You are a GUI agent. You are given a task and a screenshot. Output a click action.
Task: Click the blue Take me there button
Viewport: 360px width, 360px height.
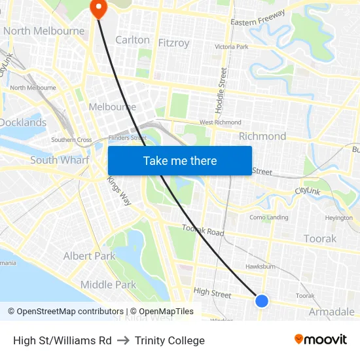point(180,160)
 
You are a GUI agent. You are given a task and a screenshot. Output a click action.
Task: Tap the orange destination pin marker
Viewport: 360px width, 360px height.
point(98,9)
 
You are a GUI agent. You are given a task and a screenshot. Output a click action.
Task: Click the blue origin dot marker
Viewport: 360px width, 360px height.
point(261,300)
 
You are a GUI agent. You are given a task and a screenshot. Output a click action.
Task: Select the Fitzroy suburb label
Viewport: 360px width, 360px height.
point(173,43)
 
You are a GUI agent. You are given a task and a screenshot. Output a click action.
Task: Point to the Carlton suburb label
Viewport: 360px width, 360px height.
point(132,40)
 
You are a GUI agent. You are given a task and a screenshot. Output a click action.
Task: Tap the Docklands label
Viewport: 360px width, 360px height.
point(23,122)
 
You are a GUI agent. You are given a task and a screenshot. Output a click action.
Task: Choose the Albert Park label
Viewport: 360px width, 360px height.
point(89,256)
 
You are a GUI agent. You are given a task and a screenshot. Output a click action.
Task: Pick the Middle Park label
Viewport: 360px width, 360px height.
point(108,284)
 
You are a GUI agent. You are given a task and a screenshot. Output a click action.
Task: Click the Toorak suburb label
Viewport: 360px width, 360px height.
point(320,239)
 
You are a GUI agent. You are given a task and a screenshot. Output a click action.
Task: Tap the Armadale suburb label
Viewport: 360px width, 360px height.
point(331,312)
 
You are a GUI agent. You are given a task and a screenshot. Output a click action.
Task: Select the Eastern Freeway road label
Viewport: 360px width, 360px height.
point(257,19)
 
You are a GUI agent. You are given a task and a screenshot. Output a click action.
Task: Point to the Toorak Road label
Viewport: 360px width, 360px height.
point(203,230)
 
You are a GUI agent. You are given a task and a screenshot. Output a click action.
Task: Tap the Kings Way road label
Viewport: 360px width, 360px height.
point(119,191)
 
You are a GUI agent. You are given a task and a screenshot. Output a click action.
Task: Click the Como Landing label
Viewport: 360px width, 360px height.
point(268,217)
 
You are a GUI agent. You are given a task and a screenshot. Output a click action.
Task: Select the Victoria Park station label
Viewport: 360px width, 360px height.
point(232,47)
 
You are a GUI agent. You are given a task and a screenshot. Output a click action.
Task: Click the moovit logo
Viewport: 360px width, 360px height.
point(321,339)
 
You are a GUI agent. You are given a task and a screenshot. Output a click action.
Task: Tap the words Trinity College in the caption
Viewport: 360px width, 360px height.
point(170,340)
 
